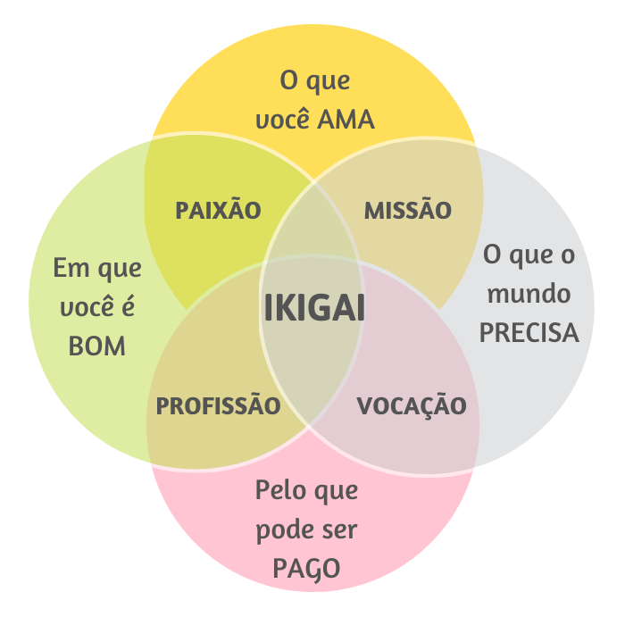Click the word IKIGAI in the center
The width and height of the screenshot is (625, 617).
[x=314, y=308]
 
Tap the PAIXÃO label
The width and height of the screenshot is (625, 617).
[x=218, y=211]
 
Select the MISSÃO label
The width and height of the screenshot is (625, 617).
[x=408, y=211]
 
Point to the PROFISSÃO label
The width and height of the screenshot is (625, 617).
[x=219, y=406]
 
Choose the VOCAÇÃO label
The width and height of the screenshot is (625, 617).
[x=412, y=406]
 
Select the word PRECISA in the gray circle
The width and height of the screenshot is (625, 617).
[x=529, y=333]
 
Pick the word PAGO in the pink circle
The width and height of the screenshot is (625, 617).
[x=306, y=569]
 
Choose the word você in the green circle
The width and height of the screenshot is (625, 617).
[x=87, y=306]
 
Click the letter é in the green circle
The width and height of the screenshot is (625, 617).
[x=128, y=306]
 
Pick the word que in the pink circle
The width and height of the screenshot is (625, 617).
[x=337, y=492]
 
